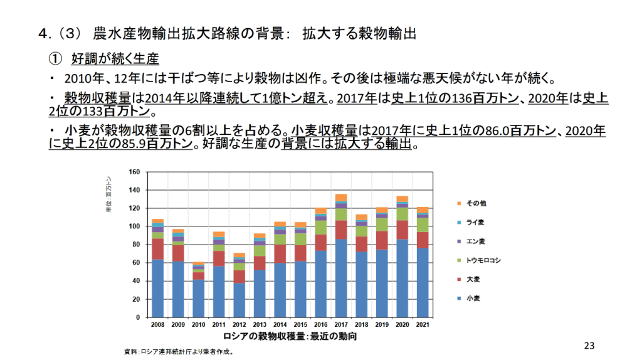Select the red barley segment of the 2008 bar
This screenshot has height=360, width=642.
click(157, 249)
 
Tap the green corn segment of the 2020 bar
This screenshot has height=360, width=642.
click(402, 213)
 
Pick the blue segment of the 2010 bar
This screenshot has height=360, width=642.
click(198, 298)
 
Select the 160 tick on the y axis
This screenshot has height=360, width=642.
click(134, 172)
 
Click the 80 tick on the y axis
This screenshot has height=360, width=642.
click(135, 245)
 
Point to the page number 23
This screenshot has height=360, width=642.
click(589, 346)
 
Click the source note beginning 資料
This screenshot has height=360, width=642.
click(179, 352)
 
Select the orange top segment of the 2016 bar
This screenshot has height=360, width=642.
click(320, 211)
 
